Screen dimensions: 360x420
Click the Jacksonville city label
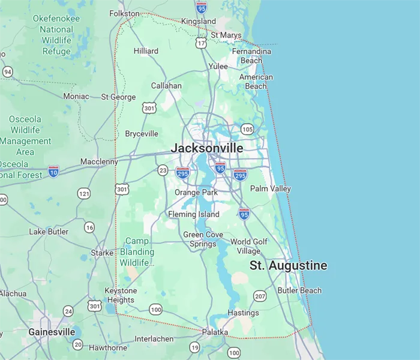point(207,148)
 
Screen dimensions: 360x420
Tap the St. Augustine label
point(289,265)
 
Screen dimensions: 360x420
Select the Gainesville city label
point(52,332)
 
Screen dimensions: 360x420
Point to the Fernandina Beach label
point(251,56)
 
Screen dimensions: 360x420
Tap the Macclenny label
point(100,162)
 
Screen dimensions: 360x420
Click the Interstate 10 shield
point(54,171)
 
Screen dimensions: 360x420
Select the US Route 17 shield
point(201,43)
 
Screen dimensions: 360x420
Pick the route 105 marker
point(247,129)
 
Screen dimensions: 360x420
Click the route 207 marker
point(260,296)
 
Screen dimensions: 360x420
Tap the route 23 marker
point(163,171)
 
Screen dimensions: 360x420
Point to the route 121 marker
point(83,193)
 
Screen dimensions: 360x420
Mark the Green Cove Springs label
point(203,239)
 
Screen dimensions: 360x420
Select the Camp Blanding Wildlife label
point(137,252)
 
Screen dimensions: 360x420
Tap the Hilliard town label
point(146,51)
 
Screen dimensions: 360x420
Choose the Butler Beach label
point(299,290)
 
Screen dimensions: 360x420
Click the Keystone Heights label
point(121,295)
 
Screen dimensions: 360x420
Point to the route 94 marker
point(7,72)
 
